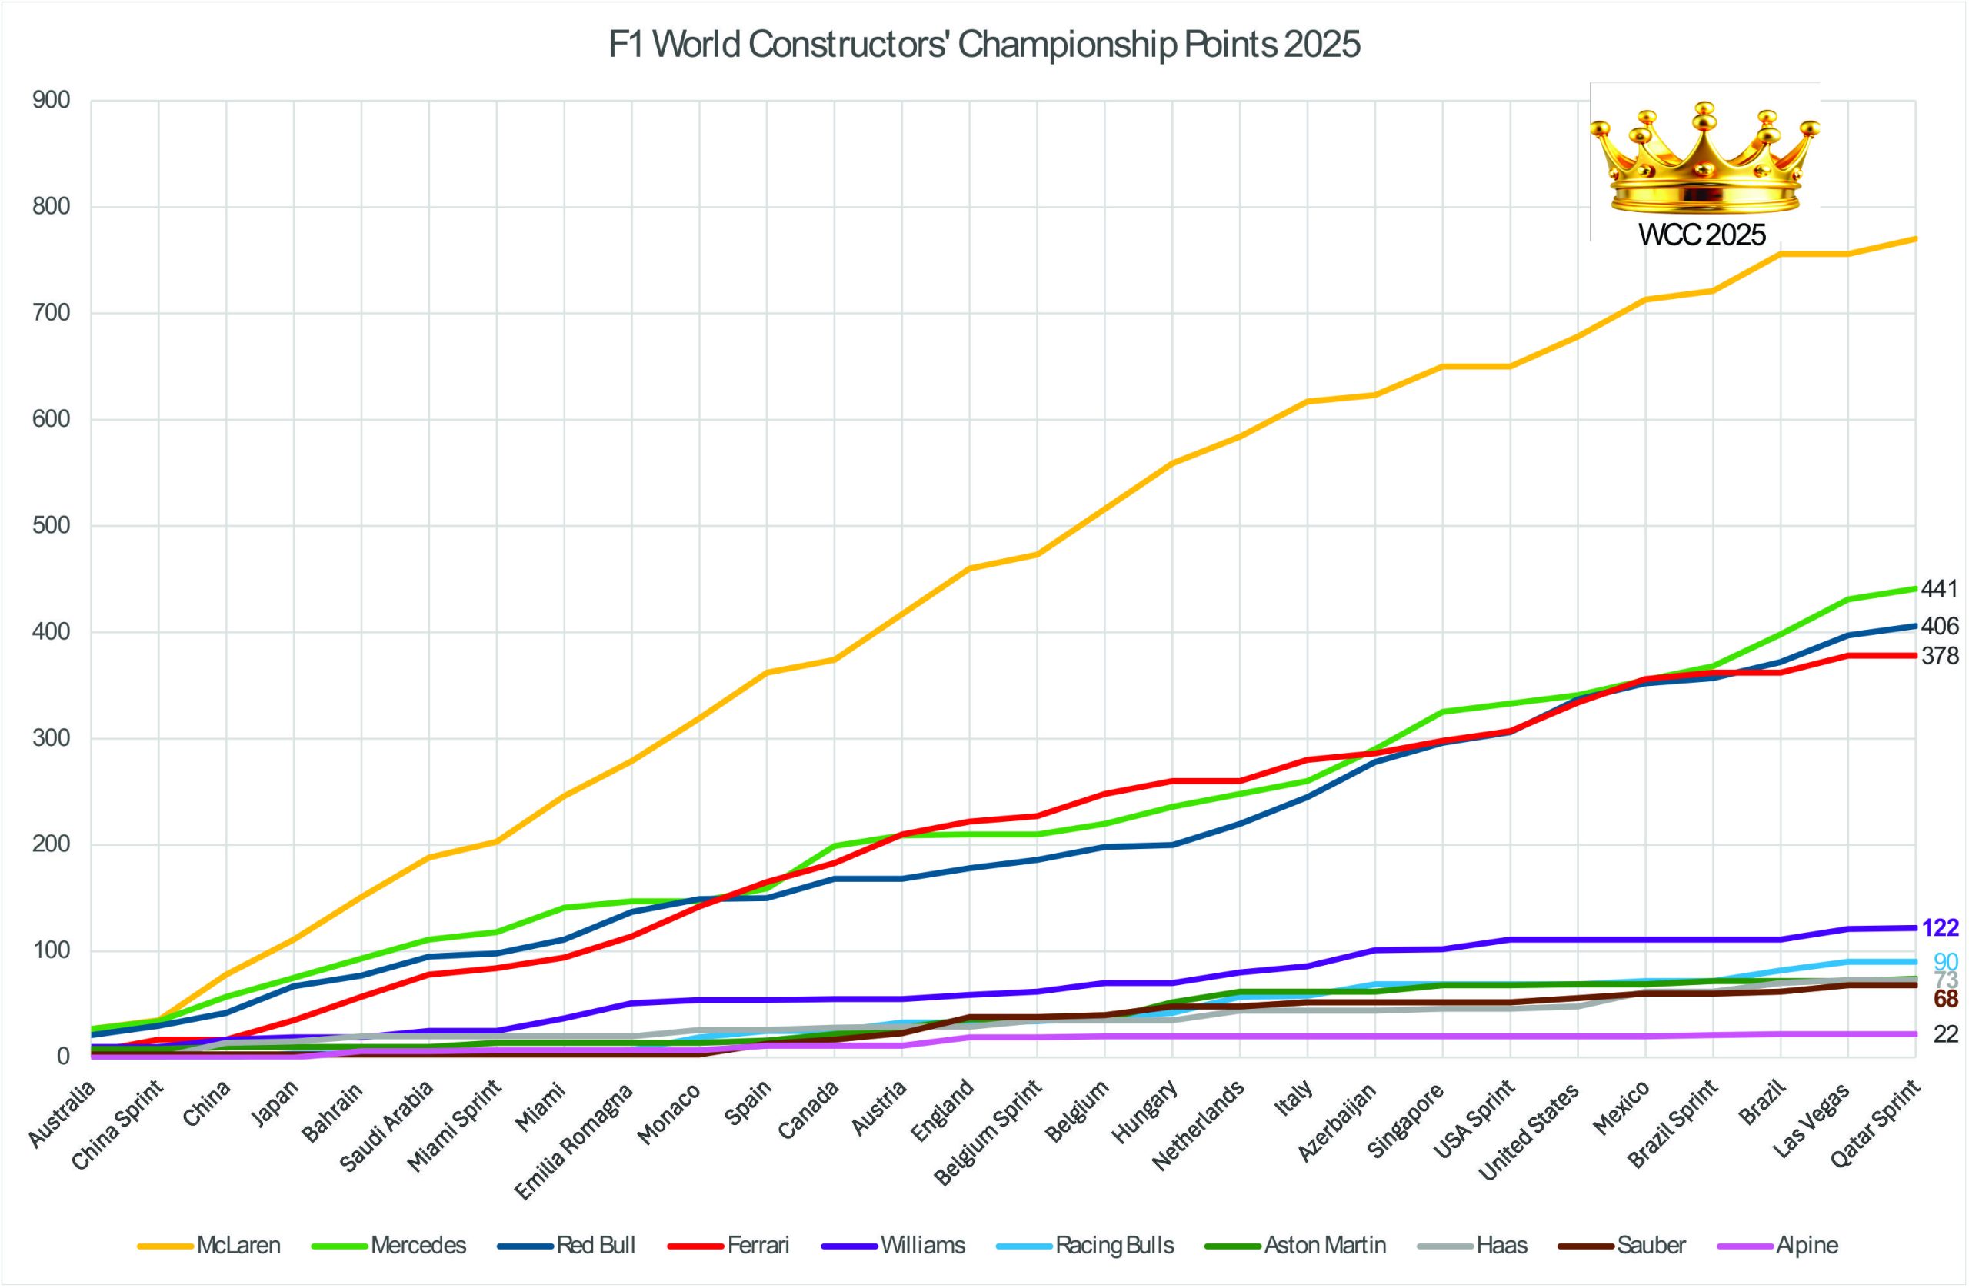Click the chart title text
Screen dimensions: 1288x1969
coord(984,45)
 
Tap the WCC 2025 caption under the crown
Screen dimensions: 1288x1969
coord(1703,235)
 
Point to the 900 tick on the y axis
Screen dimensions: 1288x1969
coord(52,101)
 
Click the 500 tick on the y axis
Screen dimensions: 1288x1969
coord(52,526)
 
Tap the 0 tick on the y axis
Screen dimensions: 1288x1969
coord(64,1057)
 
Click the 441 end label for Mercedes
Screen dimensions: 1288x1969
coord(1939,589)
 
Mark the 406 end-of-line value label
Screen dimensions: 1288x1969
coord(1939,626)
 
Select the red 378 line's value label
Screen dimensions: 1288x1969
coord(1939,656)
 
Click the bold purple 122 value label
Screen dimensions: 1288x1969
coord(1940,928)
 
